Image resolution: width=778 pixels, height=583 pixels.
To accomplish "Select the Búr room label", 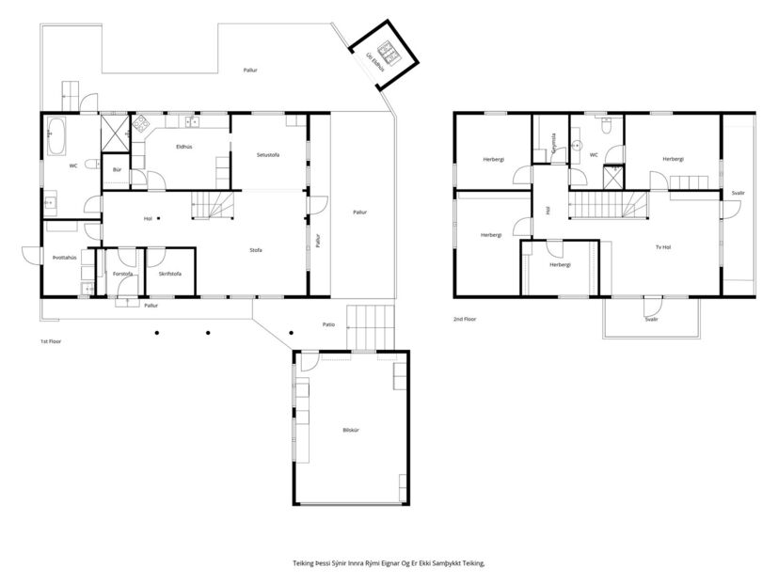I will pyautogui.click(x=117, y=169).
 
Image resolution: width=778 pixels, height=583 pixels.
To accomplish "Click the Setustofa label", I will pyautogui.click(x=268, y=154).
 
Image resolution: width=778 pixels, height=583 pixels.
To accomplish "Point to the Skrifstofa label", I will pyautogui.click(x=169, y=274).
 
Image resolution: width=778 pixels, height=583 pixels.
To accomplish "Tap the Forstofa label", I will pyautogui.click(x=122, y=274).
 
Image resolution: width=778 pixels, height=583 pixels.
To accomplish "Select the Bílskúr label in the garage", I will pyautogui.click(x=351, y=430).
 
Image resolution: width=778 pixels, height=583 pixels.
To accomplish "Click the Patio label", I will pyautogui.click(x=328, y=324).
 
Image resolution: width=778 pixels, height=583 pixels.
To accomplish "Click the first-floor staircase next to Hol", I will pyautogui.click(x=213, y=205).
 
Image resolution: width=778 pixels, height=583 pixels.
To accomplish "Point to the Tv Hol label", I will pyautogui.click(x=663, y=247).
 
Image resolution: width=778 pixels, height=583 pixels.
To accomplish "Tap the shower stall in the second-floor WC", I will pyautogui.click(x=612, y=177).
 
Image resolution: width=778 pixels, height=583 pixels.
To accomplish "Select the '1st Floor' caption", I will pyautogui.click(x=53, y=340).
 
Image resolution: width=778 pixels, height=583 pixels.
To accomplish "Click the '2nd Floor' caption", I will pyautogui.click(x=465, y=320).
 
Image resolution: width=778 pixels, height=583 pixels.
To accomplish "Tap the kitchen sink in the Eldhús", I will pyautogui.click(x=192, y=120).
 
